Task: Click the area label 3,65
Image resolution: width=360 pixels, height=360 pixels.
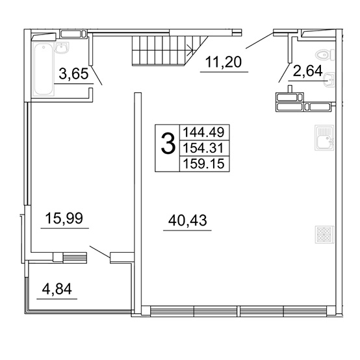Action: pos(73,74)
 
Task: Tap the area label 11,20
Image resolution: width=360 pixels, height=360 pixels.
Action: pos(224,62)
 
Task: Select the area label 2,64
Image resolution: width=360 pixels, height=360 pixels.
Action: pos(307,71)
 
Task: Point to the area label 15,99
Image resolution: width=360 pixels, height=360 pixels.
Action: pos(64,218)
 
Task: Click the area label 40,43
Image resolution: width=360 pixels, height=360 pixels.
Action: pos(188,220)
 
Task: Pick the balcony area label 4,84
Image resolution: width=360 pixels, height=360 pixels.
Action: pos(57,289)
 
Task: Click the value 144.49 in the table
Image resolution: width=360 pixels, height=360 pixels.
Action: pos(203,133)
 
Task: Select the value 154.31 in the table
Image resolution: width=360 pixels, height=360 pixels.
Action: pos(203,148)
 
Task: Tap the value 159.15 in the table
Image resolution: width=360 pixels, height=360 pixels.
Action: pos(203,164)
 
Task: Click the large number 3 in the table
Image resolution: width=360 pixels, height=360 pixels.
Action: pos(168,144)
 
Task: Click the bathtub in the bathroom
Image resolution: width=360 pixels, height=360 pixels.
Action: pos(44,69)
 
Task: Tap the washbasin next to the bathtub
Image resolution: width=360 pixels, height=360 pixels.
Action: pos(62,48)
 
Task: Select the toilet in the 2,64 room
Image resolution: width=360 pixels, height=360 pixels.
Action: pos(326,55)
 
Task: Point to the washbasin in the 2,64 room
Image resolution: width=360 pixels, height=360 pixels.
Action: pos(329,80)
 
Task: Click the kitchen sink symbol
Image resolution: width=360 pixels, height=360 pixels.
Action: pos(324,138)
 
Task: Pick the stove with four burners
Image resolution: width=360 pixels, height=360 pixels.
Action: pos(324,235)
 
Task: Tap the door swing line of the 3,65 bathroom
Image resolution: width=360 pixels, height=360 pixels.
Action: pos(97,75)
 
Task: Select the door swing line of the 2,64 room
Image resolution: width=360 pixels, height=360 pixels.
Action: pos(285,72)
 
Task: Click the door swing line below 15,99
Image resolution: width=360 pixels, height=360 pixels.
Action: pos(100,252)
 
